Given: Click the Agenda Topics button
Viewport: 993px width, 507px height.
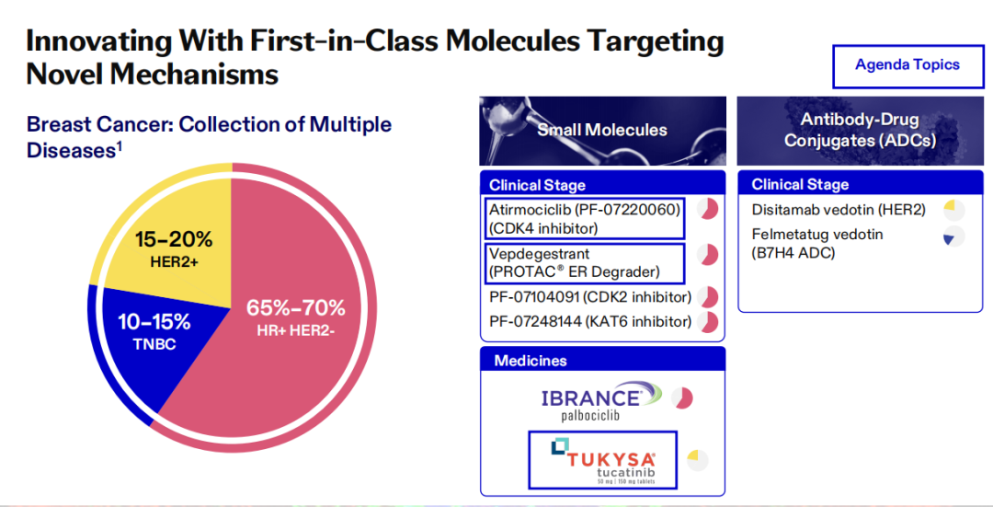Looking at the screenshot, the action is (x=907, y=66).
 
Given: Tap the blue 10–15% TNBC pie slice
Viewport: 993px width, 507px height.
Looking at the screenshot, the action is (x=158, y=342).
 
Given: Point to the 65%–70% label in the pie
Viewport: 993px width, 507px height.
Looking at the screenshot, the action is (x=296, y=308).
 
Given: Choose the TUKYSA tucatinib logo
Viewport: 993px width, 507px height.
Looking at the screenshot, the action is (x=603, y=460).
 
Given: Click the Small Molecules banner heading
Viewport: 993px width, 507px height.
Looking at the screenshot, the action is (x=602, y=130).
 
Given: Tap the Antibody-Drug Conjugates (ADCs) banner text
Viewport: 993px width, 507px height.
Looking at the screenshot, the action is (x=860, y=130).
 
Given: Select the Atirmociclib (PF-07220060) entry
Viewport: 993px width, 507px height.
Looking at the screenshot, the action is (x=585, y=219).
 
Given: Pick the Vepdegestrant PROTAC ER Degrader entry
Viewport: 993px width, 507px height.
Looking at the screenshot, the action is (x=585, y=263).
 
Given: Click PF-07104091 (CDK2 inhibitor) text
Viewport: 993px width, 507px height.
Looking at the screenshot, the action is (x=590, y=297).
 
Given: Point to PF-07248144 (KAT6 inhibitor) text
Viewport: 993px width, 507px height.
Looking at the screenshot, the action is (x=590, y=322).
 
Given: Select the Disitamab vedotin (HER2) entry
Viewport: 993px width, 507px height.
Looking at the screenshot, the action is (x=839, y=210).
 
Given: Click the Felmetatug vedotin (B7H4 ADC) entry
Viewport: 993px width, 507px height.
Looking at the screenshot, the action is (x=817, y=243).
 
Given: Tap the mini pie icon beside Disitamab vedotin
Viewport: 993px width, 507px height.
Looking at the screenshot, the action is (x=953, y=210).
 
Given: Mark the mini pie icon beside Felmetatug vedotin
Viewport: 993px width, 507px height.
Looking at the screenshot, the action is (x=953, y=236).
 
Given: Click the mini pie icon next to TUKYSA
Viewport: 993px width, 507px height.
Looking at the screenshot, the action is (x=697, y=460).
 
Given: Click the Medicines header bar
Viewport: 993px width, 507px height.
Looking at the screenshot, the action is (x=602, y=360).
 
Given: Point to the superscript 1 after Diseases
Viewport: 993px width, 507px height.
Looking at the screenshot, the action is (x=119, y=145).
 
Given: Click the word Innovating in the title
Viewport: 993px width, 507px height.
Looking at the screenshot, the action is (x=98, y=42).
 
